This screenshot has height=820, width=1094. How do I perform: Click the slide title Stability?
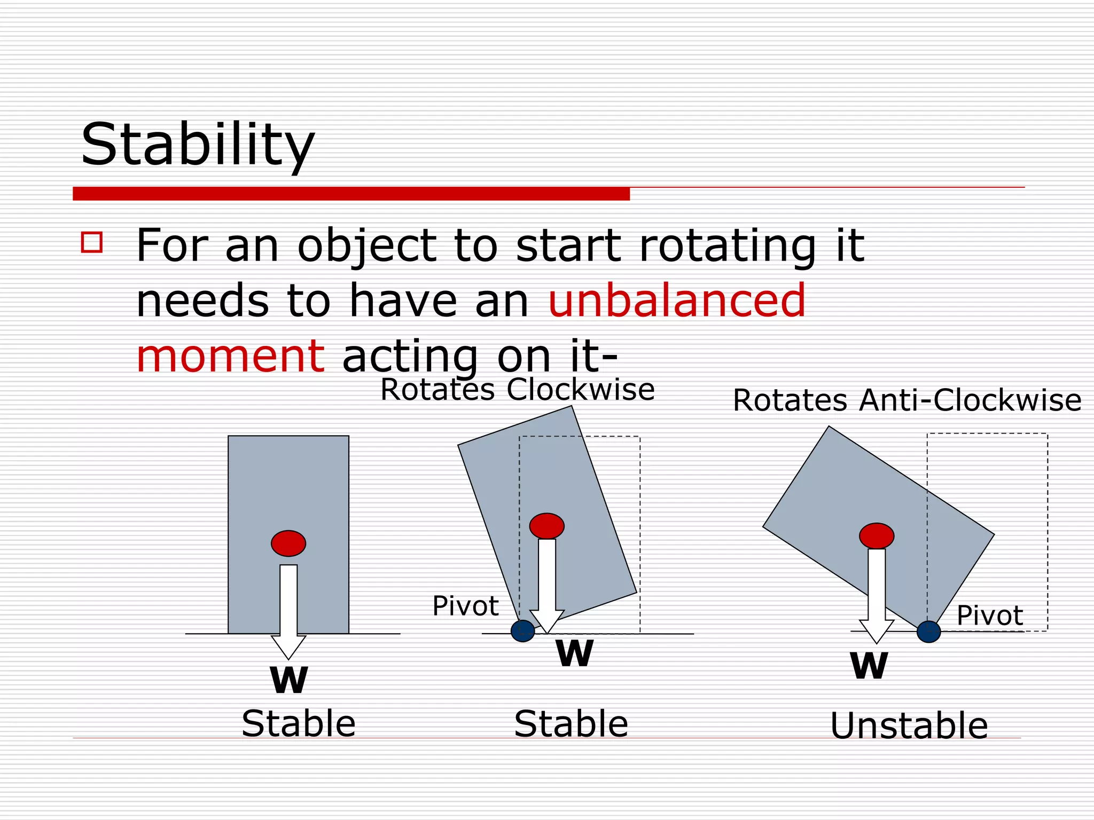tap(198, 144)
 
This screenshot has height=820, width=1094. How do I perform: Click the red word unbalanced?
tap(677, 301)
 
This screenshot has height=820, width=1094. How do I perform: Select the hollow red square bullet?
tap(92, 242)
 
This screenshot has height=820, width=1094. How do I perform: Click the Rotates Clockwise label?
tap(517, 389)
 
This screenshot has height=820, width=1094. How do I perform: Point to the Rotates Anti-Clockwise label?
tap(907, 400)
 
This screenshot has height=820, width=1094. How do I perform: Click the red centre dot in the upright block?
tap(288, 543)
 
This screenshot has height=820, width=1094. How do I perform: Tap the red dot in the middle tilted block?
tap(546, 526)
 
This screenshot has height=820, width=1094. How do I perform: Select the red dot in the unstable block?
tap(877, 535)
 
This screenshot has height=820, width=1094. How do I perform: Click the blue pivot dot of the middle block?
tap(522, 631)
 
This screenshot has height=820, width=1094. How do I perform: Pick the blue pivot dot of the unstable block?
tap(928, 632)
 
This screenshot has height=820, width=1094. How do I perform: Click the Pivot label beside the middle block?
tap(465, 606)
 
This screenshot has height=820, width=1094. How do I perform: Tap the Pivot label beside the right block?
tap(989, 616)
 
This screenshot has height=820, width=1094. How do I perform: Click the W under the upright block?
tap(289, 680)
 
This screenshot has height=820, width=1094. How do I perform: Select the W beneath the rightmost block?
tap(869, 666)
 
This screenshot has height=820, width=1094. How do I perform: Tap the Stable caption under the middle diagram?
tap(571, 724)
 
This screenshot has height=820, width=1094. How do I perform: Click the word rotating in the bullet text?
tap(728, 246)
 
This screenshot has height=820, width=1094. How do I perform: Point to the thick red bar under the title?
tap(351, 193)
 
